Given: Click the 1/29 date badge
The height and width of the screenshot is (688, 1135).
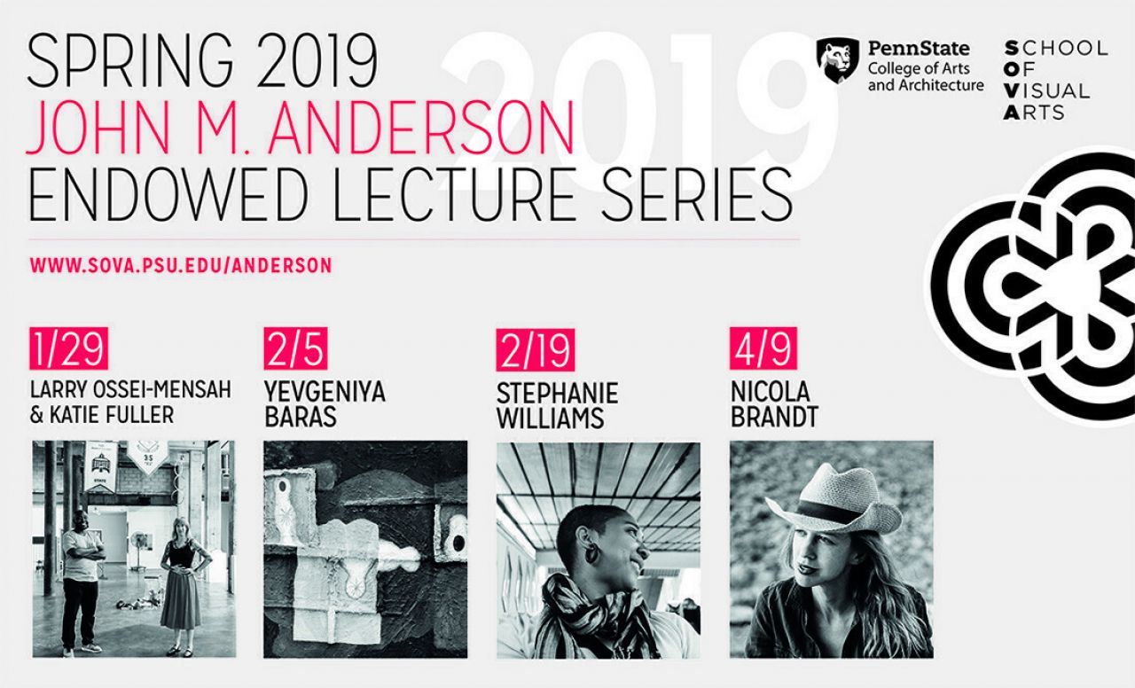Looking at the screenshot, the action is [69, 348].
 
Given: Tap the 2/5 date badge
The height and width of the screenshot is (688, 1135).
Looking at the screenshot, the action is [295, 348].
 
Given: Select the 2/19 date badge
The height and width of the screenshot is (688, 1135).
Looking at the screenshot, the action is [535, 349].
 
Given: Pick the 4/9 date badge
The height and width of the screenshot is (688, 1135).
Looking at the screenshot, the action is [763, 348].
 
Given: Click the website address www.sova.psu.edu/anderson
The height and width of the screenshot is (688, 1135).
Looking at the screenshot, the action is [181, 265].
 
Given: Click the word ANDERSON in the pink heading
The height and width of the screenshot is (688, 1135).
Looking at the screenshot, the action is [421, 127].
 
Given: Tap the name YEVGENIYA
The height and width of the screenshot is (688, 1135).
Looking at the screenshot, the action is [325, 392].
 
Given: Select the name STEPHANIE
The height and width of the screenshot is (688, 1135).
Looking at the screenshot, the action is [558, 393].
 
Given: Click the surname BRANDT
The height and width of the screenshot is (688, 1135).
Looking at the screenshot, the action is [774, 417].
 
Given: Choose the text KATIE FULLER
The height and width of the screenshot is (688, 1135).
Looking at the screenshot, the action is [112, 415].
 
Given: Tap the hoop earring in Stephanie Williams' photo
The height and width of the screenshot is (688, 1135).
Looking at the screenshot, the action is [591, 553].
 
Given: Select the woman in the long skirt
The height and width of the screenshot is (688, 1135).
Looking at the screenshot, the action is [181, 587].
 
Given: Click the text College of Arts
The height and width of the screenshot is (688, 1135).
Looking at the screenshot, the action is [919, 68].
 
